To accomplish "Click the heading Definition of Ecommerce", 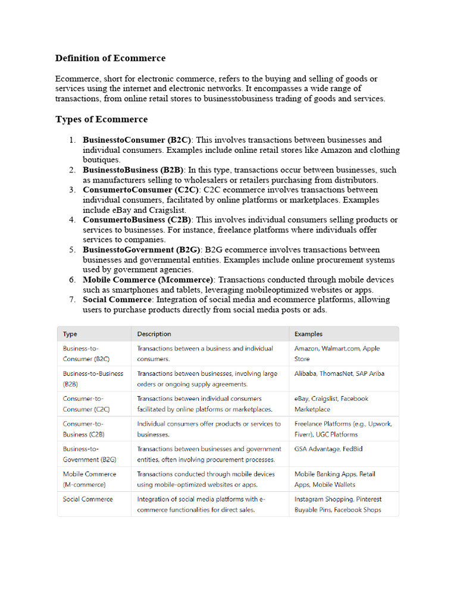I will pyautogui.click(x=110, y=58).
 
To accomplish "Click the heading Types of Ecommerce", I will pyautogui.click(x=101, y=120).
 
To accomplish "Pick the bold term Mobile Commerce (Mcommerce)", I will pyautogui.click(x=148, y=280).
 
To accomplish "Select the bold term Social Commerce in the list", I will pyautogui.click(x=117, y=300).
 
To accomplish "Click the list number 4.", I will pyautogui.click(x=71, y=220).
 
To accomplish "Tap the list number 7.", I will pyautogui.click(x=71, y=300).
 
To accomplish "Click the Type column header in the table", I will pyautogui.click(x=70, y=334).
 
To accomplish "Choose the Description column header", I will pyautogui.click(x=154, y=334).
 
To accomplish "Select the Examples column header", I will pyautogui.click(x=308, y=334).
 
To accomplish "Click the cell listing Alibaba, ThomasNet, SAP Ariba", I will pyautogui.click(x=339, y=374).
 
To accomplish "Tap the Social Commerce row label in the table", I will pyautogui.click(x=87, y=499).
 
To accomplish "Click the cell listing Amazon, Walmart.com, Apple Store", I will pyautogui.click(x=337, y=353).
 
